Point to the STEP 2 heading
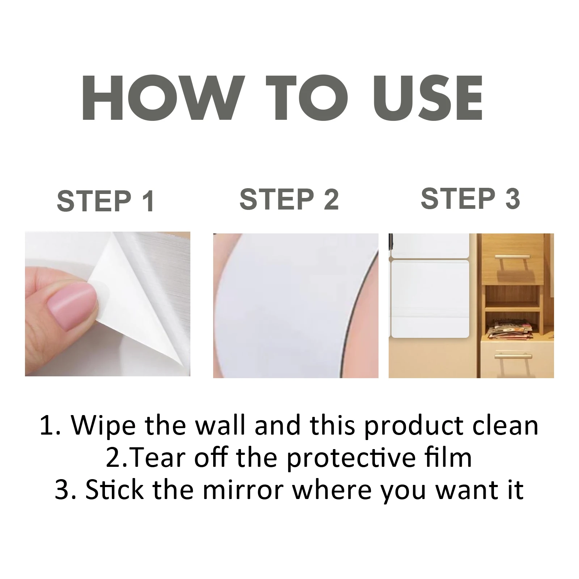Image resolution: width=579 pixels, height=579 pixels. coord(289,199)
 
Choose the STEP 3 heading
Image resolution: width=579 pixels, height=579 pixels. coord(470,198)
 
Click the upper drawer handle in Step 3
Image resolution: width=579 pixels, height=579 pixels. coord(513,261)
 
